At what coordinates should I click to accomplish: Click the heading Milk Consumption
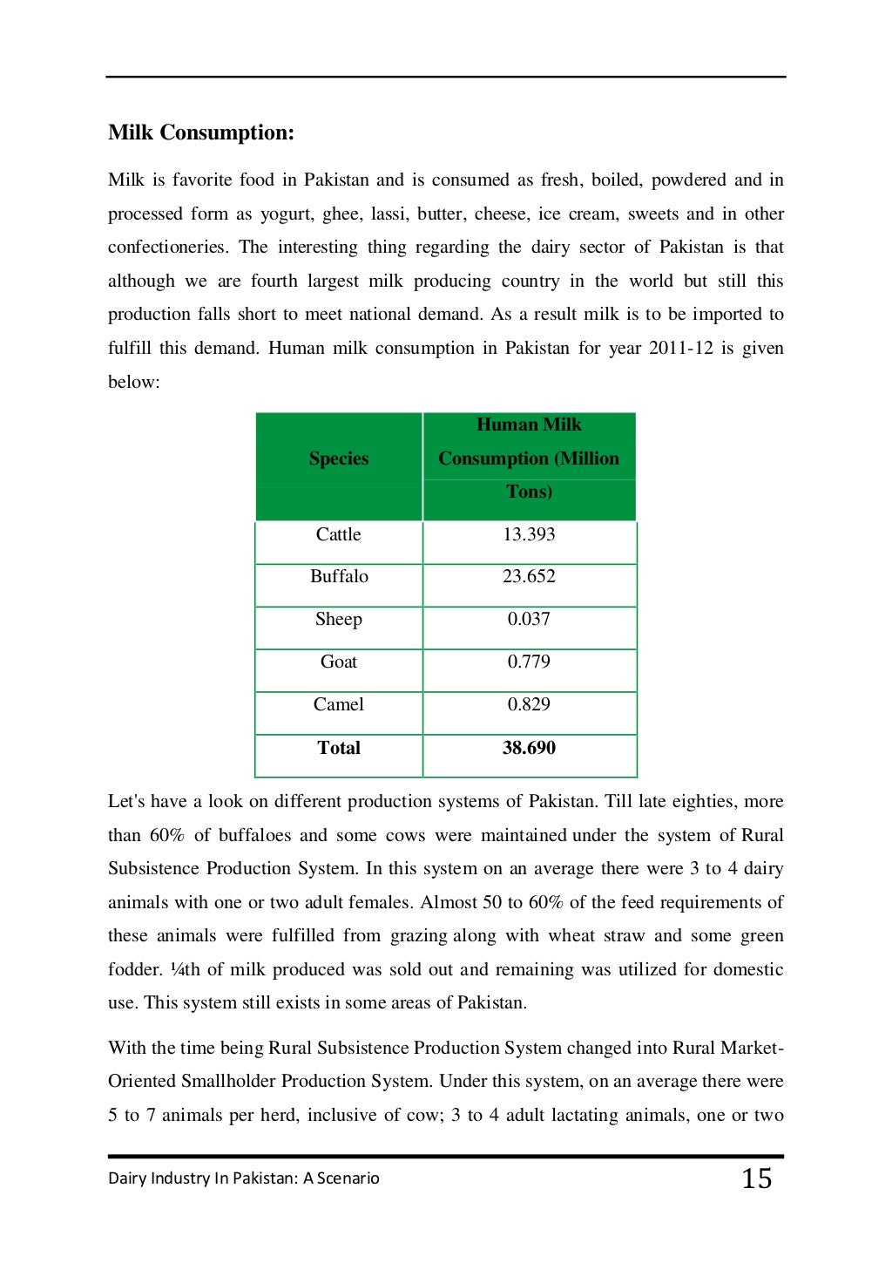coord(201,132)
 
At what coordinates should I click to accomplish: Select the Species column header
coord(338,458)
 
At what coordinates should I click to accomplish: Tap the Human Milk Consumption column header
coord(529,458)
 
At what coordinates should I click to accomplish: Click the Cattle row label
coord(338,534)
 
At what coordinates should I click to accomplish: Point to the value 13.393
coord(529,534)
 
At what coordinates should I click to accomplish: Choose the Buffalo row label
coord(339,576)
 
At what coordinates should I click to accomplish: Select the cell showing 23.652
coord(529,576)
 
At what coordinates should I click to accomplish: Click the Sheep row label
coord(338,619)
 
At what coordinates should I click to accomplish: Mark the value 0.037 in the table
coord(529,619)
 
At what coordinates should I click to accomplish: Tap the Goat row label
coord(338,662)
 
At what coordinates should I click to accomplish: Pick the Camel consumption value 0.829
coord(529,704)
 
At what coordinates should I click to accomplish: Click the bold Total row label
coord(338,748)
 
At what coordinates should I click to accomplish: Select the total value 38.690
coord(529,748)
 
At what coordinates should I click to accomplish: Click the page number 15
coord(756,1178)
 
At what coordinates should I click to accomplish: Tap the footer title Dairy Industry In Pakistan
coord(244,1178)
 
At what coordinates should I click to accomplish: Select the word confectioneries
coord(168,248)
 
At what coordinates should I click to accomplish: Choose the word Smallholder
coord(230,1082)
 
